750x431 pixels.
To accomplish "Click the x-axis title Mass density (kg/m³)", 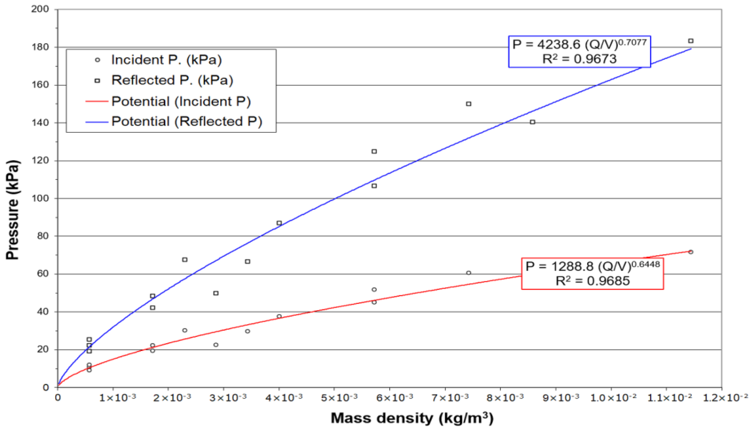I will coord(412,418).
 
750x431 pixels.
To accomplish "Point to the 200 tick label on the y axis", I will coord(40,9).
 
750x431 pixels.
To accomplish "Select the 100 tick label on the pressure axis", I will coord(40,198).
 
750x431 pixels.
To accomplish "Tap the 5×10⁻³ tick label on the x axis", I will coord(339,398).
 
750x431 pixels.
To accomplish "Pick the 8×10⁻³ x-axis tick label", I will coord(505,398).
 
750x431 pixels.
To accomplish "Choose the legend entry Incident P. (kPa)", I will coord(166,60).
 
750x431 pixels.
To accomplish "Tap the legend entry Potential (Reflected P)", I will coord(187,121).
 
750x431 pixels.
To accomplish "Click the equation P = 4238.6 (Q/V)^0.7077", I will coord(579,44).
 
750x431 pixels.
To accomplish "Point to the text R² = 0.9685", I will coord(593,281).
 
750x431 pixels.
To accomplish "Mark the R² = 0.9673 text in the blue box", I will coord(579,59).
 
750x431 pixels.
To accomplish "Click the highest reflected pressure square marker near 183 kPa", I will coord(690,41).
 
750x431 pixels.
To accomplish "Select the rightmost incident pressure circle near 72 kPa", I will coord(690,252).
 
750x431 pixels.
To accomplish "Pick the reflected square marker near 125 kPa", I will coord(374,152).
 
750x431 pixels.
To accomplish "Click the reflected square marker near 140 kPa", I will coord(532,122).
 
